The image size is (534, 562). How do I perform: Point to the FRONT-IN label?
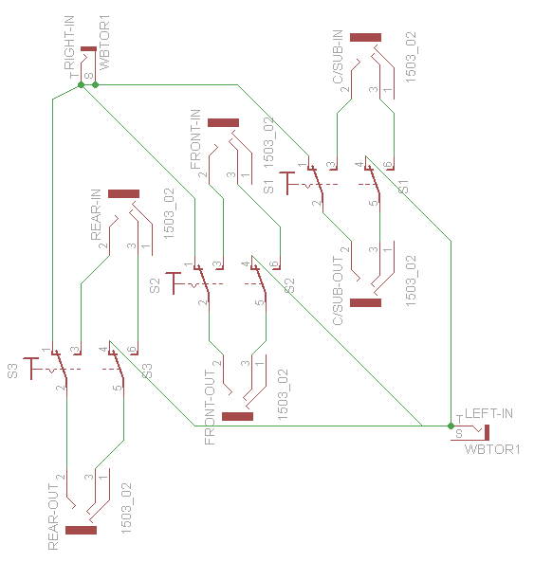[x=196, y=140]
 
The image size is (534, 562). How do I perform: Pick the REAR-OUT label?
[x=54, y=516]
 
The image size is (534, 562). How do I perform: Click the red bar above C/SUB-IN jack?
[x=365, y=37]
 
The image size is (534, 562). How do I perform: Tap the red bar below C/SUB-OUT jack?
[x=365, y=303]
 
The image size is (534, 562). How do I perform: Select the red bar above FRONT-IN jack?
[x=223, y=122]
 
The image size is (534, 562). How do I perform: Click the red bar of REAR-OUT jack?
[x=81, y=530]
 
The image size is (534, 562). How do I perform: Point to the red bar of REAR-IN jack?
[x=123, y=193]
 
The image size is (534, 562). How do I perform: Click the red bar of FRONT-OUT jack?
[x=237, y=415]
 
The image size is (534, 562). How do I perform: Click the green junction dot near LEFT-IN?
[x=451, y=426]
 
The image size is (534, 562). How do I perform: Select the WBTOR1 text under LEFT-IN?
[x=493, y=448]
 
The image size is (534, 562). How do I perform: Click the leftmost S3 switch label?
[x=13, y=371]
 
